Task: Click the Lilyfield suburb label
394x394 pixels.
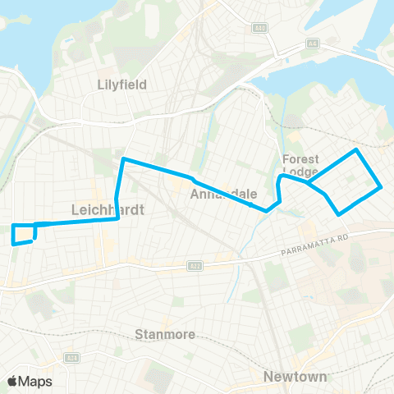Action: pos(121,84)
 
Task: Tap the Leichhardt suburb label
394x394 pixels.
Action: pos(108,209)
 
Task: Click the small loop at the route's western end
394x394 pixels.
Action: pos(24,233)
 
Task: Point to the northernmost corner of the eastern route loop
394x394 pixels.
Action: pos(355,150)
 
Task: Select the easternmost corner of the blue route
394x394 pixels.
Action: pos(381,187)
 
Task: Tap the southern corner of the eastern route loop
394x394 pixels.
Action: pos(339,214)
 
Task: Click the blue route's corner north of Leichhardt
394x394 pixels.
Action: pos(123,158)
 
